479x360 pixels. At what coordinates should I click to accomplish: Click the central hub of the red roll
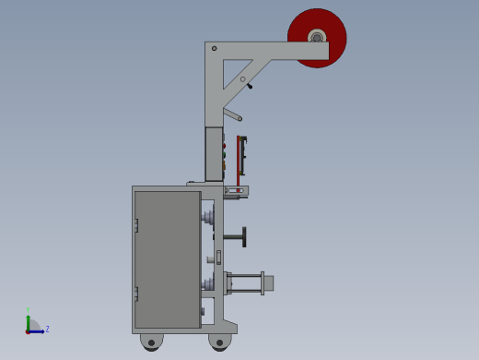click(317, 38)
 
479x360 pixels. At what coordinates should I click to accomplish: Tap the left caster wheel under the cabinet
click(151, 342)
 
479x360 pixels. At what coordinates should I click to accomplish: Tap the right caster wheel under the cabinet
click(219, 342)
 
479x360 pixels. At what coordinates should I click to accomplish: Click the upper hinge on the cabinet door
click(135, 225)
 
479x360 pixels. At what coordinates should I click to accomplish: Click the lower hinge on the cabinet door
click(135, 294)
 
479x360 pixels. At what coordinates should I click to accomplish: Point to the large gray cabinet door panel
click(167, 258)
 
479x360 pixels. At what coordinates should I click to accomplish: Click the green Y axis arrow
click(28, 319)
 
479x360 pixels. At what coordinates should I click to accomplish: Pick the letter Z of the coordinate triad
click(47, 329)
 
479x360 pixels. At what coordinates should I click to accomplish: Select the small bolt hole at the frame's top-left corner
click(214, 48)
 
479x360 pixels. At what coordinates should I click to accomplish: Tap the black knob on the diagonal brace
click(249, 86)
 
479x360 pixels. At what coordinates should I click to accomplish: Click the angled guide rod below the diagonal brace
click(232, 114)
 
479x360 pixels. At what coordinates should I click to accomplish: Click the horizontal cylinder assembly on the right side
click(250, 282)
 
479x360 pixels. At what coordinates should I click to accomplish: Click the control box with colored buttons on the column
click(214, 153)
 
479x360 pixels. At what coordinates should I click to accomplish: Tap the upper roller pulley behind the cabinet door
click(209, 218)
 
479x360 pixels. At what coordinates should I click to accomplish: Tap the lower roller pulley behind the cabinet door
click(209, 282)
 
